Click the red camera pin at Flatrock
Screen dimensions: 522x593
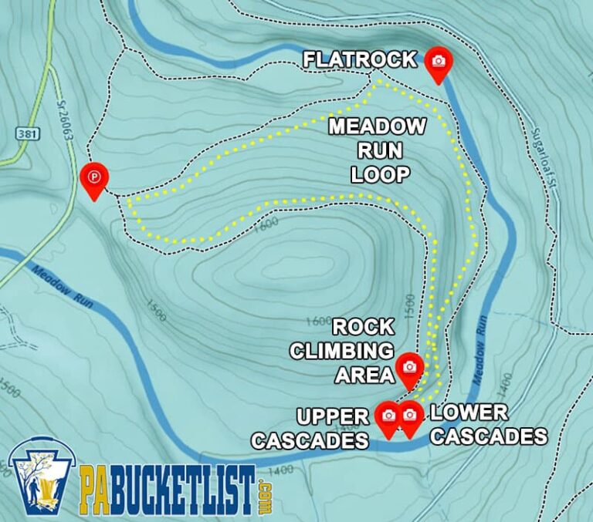point(439,62)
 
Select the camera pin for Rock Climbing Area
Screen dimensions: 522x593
point(409,368)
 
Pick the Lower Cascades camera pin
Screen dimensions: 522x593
point(409,416)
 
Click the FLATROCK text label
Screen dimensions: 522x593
point(360,59)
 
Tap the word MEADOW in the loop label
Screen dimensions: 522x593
point(378,126)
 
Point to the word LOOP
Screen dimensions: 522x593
point(379,174)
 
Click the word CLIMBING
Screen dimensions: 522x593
point(341,351)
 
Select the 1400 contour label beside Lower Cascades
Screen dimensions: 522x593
point(504,380)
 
